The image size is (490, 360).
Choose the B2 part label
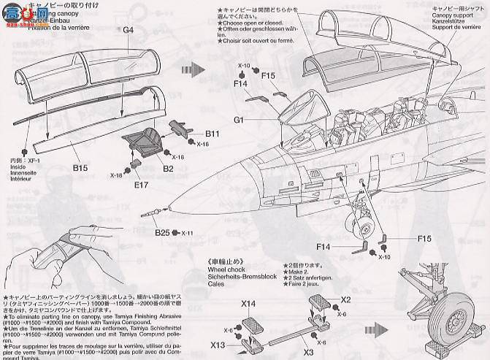point(167,169)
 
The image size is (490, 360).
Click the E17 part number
point(141,185)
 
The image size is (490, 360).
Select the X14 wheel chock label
point(248,303)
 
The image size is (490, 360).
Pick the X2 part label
point(345,299)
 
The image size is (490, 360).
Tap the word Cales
point(217,285)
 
